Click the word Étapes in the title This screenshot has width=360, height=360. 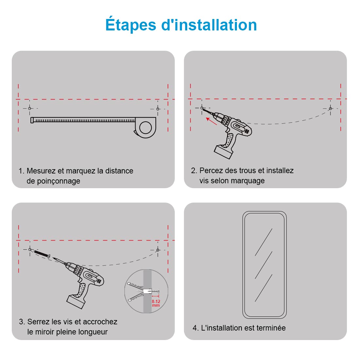131,24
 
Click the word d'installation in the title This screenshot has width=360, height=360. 209,24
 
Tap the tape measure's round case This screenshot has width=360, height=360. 145,128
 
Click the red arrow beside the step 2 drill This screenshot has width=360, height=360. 211,121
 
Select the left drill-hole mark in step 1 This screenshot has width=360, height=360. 29,108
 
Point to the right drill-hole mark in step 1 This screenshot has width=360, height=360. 158,109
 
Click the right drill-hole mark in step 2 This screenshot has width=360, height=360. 331,108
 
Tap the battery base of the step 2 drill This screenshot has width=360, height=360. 224,152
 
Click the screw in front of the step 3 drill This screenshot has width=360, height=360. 42,254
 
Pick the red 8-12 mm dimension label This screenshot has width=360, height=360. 156,303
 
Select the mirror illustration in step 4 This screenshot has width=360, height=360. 264,265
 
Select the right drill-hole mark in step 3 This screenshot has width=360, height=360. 158,250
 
